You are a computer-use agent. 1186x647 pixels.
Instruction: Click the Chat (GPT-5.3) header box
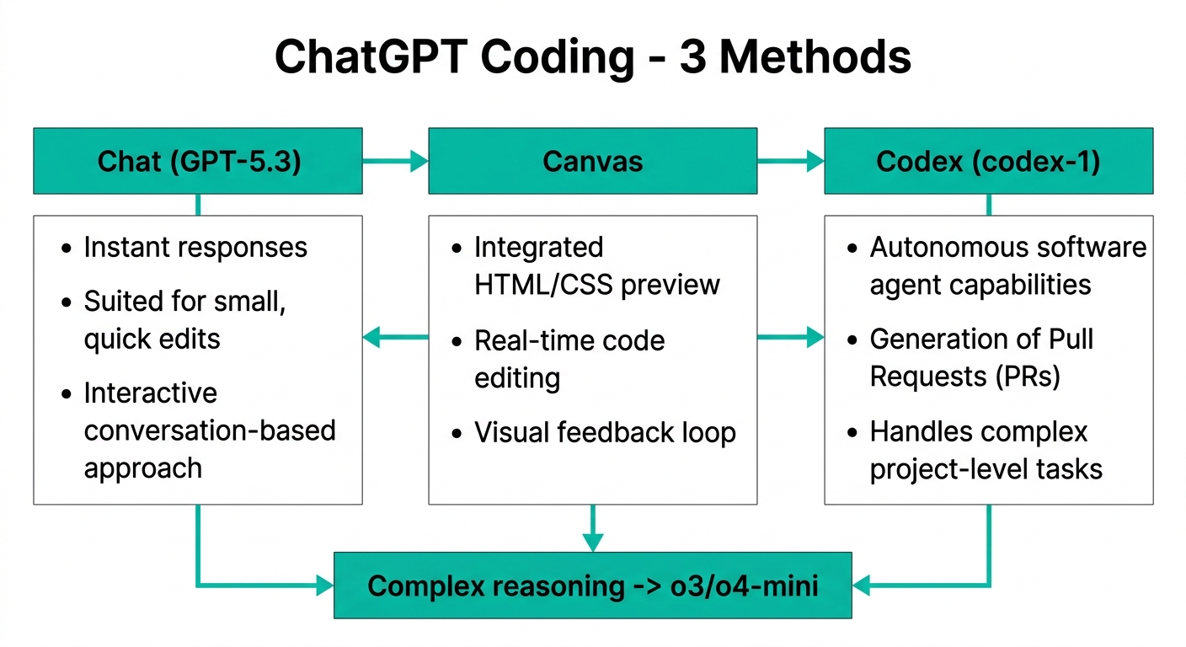pos(198,161)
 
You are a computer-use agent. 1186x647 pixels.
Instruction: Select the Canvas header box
pos(592,161)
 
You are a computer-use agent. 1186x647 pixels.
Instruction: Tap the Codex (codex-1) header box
pos(988,161)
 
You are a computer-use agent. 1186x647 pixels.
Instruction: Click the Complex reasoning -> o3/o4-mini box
pos(593,586)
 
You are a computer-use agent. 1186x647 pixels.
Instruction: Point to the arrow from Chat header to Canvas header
pos(395,161)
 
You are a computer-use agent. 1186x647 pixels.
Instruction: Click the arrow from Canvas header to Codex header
pos(790,161)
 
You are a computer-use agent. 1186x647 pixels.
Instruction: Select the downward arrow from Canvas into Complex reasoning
pos(593,529)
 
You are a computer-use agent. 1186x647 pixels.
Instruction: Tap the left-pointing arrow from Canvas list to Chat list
pos(395,339)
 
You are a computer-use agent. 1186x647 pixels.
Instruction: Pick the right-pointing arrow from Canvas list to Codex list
pos(790,339)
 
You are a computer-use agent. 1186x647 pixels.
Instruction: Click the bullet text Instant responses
pos(195,248)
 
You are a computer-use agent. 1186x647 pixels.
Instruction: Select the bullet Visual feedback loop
pos(605,433)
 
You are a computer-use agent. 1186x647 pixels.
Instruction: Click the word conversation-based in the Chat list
pos(210,430)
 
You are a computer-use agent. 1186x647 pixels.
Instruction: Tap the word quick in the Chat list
pos(115,339)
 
